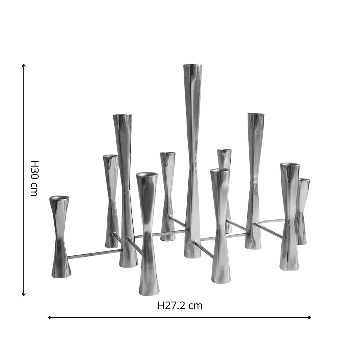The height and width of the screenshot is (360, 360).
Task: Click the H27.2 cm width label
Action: (180, 306)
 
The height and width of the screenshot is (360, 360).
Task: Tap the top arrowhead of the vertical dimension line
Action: (24, 66)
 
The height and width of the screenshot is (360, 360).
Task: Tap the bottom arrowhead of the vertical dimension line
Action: (24, 294)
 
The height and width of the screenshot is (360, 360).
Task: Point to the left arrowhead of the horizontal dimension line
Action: (49, 318)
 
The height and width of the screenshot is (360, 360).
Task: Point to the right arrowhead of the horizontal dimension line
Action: (309, 318)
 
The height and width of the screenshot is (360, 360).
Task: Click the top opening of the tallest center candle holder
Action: (193, 65)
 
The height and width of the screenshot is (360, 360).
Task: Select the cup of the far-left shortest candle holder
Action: (59, 198)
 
